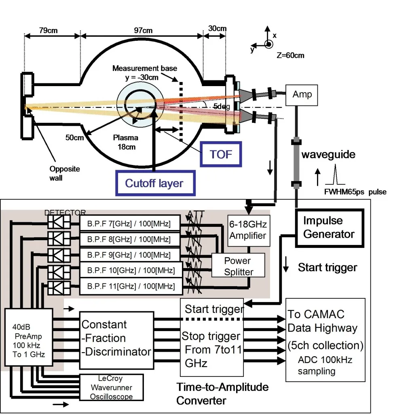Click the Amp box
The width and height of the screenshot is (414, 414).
tap(302, 95)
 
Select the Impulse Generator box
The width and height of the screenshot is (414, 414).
tap(328, 228)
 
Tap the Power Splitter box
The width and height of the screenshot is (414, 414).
tap(239, 266)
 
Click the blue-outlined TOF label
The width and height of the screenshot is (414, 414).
tap(221, 154)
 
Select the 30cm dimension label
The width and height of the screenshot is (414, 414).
tap(217, 28)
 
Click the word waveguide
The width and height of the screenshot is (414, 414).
tap(328, 155)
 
